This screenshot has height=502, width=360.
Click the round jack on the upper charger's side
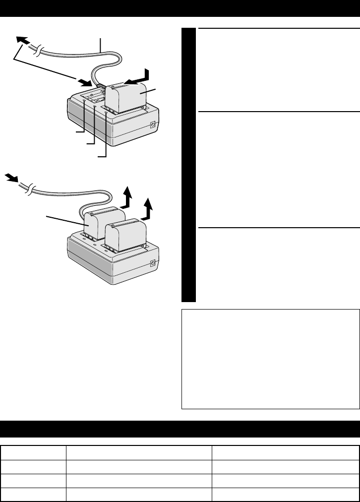coord(153,125)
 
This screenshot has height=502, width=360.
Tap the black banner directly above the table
coord(180,429)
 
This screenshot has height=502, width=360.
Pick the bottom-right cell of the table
coord(285,495)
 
